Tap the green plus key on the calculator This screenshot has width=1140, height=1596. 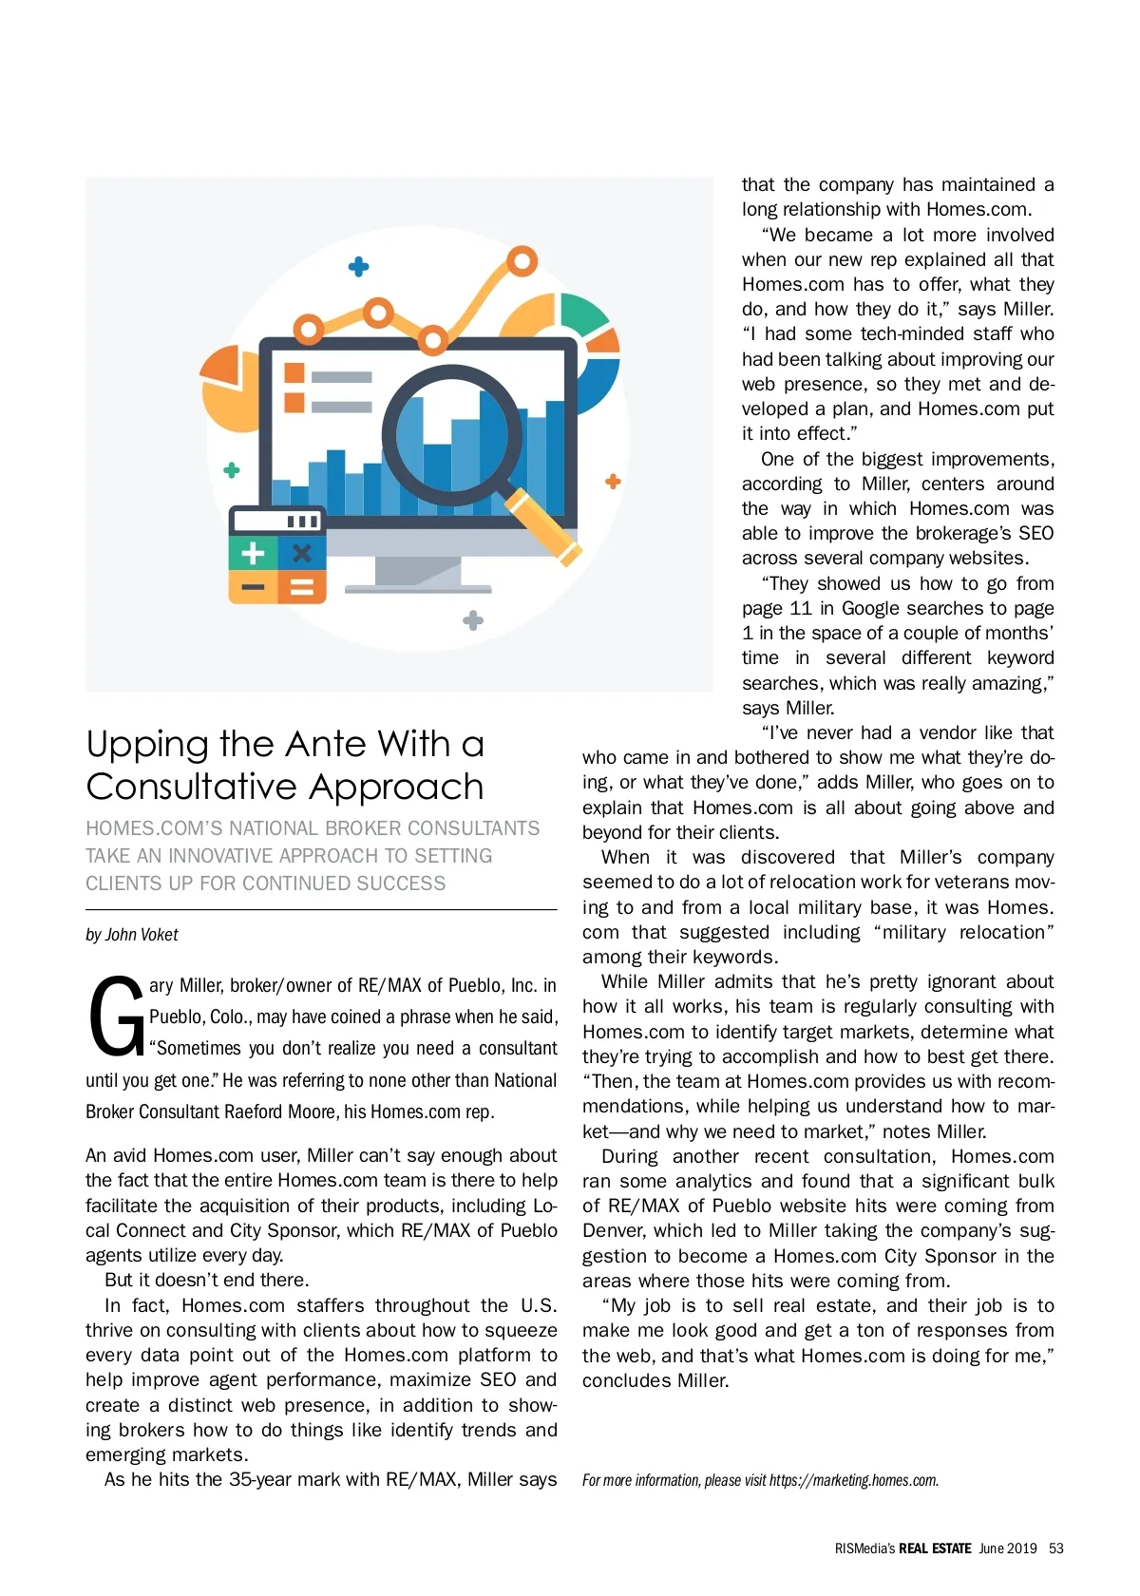253,553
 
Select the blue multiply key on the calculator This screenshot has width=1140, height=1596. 302,553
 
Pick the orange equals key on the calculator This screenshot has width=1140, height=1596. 302,588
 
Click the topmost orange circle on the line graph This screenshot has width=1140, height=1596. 522,260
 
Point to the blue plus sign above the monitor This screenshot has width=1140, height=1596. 359,267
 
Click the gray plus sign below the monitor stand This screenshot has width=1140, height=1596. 473,620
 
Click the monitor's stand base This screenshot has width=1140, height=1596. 418,588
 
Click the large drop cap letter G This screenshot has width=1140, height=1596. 116,1016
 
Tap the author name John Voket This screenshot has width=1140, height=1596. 142,935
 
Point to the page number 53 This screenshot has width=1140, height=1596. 1056,1548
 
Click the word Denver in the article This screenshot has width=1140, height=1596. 614,1230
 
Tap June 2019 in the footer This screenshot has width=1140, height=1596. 1008,1548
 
